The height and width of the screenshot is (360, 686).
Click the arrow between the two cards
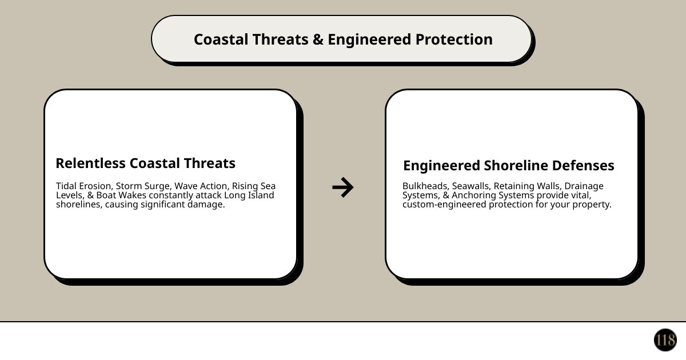click(343, 187)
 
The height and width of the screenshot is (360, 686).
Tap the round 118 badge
click(665, 340)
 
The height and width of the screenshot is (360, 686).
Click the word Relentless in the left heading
click(90, 163)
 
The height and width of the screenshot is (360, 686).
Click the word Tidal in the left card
click(66, 186)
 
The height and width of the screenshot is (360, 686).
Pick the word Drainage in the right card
click(584, 186)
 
